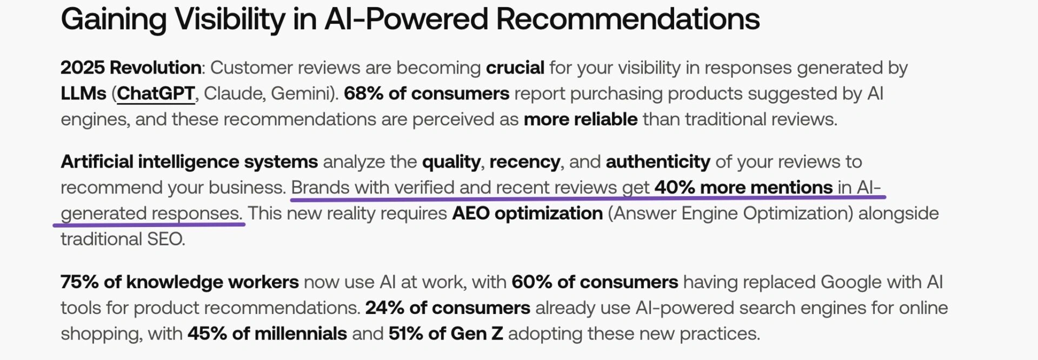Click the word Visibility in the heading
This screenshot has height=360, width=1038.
[230, 20]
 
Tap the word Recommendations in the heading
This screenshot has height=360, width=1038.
[628, 19]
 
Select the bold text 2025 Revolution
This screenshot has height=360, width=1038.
[131, 68]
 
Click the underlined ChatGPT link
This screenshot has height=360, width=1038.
[156, 94]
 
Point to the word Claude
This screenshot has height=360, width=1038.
[234, 94]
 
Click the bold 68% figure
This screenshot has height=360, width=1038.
[364, 94]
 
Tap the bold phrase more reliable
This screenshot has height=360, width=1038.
[581, 119]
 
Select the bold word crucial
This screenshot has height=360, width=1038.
[515, 68]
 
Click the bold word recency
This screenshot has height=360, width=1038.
[525, 162]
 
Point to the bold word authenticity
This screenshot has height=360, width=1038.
[658, 162]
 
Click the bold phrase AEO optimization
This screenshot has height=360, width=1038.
[527, 214]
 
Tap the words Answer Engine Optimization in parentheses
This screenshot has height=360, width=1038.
[730, 214]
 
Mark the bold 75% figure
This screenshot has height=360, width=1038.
[79, 282]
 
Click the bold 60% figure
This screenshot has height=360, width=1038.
[532, 282]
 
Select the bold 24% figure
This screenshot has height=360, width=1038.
[385, 308]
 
